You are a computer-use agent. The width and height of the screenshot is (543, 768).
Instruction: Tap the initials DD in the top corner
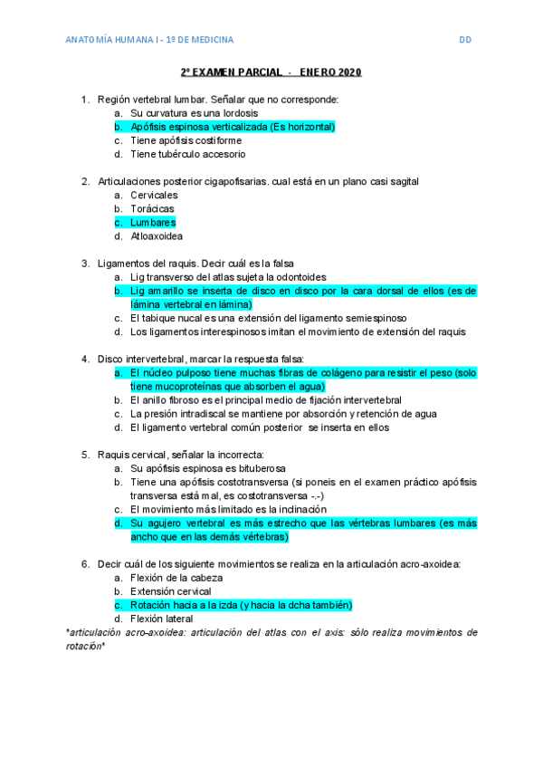[x=465, y=40]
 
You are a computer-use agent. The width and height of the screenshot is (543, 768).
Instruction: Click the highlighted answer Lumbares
[x=153, y=223]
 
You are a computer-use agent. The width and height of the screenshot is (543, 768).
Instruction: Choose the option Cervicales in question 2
[x=154, y=196]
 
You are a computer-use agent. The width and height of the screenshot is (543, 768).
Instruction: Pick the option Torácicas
[x=152, y=209]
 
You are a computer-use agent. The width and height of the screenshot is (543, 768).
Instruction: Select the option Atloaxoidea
[x=156, y=236]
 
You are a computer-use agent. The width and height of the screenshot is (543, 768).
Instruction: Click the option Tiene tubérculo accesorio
[x=187, y=154]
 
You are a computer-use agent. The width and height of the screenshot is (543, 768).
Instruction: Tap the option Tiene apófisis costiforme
[x=186, y=140]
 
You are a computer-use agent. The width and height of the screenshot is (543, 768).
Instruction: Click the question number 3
[x=85, y=264]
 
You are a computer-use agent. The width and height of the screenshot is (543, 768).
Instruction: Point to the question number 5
[x=85, y=455]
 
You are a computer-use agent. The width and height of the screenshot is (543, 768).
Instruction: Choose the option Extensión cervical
[x=171, y=591]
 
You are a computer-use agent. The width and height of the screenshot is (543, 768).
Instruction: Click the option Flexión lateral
[x=163, y=619]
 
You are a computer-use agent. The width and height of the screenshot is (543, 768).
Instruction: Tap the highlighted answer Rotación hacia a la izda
[x=190, y=605]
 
